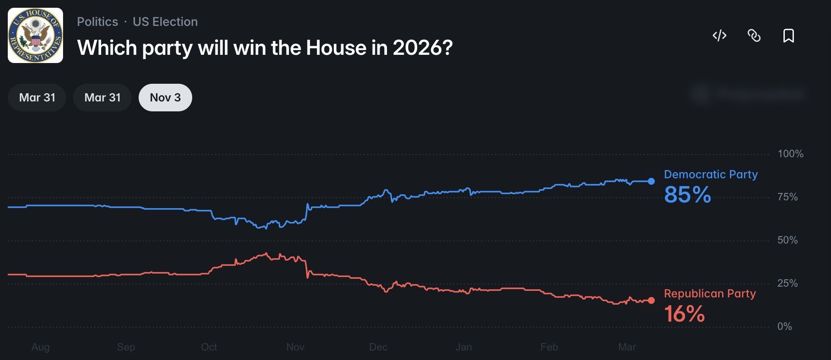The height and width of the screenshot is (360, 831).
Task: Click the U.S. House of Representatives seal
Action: click(x=35, y=35)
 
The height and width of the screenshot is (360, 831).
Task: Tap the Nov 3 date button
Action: click(x=165, y=98)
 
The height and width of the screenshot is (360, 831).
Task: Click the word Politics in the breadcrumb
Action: click(x=97, y=22)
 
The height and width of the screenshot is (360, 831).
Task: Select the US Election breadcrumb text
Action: click(x=165, y=22)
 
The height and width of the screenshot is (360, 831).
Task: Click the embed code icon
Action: click(x=719, y=35)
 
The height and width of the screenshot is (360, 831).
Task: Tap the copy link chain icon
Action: click(x=754, y=35)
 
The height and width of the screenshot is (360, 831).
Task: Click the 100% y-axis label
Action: click(x=790, y=154)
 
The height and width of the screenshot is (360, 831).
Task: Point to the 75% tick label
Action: click(x=787, y=197)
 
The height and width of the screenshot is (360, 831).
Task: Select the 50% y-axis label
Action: click(x=787, y=240)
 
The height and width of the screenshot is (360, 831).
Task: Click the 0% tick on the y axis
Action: click(x=784, y=326)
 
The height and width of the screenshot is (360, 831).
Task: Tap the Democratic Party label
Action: click(x=710, y=174)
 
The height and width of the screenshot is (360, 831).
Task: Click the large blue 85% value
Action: click(x=687, y=195)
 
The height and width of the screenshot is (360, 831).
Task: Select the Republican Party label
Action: click(x=710, y=294)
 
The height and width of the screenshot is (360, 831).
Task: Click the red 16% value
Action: click(x=684, y=314)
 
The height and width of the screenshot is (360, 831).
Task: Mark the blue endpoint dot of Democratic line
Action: click(x=651, y=181)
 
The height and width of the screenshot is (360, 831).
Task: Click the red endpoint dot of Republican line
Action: click(x=651, y=300)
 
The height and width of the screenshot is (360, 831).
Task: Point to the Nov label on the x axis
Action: click(x=295, y=347)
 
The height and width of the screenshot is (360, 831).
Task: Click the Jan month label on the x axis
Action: click(x=463, y=347)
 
